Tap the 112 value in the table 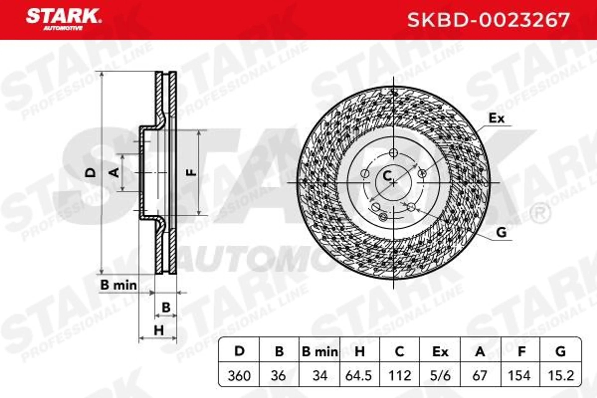[400, 376]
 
